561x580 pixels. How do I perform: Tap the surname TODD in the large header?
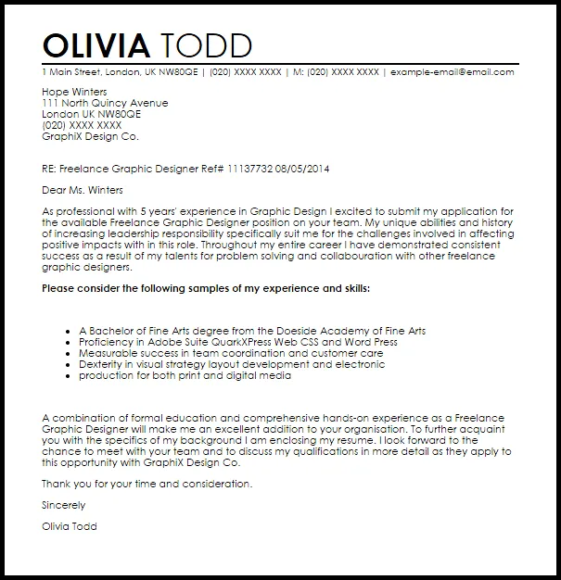click(x=206, y=45)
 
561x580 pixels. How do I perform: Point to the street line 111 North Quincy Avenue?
click(x=105, y=103)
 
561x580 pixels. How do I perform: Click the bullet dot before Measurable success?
click(x=70, y=353)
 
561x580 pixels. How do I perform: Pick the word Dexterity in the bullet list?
click(x=101, y=364)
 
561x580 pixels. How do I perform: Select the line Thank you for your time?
click(x=147, y=484)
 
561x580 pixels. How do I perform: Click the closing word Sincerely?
click(x=64, y=505)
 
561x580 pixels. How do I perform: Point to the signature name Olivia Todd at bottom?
click(x=69, y=526)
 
